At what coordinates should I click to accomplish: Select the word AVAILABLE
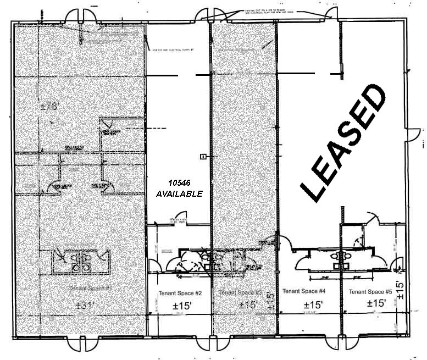[x=180, y=193]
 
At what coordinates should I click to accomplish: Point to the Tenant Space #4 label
[x=304, y=290]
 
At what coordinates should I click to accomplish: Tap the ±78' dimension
[x=49, y=106]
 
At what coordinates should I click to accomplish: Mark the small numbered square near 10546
[x=203, y=157]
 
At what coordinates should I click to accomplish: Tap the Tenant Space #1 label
[x=91, y=288]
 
